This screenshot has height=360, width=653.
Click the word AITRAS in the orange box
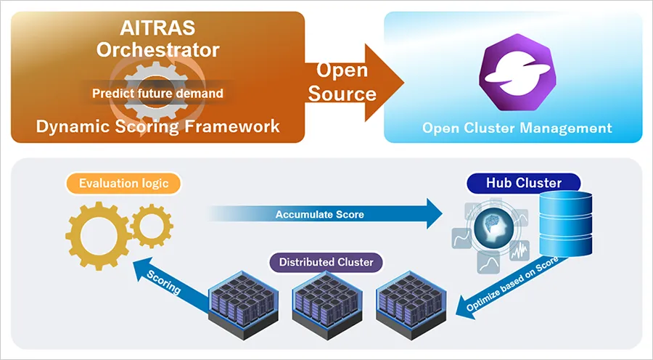pyautogui.click(x=158, y=29)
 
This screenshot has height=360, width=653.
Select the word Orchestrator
pyautogui.click(x=158, y=49)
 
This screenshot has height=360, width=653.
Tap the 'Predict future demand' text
pyautogui.click(x=157, y=93)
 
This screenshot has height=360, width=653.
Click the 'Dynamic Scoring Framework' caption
pyautogui.click(x=158, y=126)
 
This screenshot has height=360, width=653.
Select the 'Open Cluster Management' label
pyautogui.click(x=517, y=128)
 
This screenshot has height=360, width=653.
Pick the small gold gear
pyautogui.click(x=152, y=226)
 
